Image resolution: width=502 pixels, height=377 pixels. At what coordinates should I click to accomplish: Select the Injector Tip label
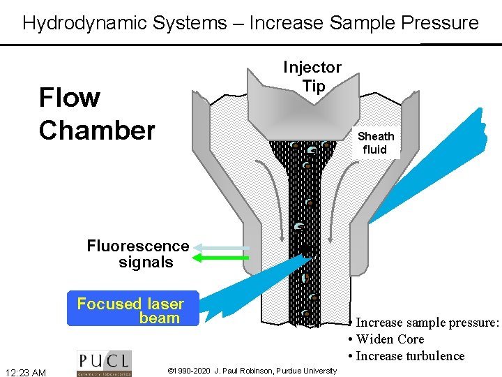(312, 76)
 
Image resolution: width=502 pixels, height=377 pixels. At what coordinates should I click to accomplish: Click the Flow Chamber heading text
(97, 114)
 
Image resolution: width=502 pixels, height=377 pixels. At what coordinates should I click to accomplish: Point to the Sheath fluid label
(376, 142)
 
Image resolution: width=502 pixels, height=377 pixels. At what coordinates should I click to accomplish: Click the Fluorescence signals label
(138, 254)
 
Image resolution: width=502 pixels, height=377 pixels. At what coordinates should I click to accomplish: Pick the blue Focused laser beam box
(132, 310)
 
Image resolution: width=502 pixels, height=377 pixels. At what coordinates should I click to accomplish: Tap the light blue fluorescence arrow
(222, 247)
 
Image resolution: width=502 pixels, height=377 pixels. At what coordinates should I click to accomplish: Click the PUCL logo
(103, 363)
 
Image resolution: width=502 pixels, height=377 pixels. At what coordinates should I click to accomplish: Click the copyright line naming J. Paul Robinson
(252, 369)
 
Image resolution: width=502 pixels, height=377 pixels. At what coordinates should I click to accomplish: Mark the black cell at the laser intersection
(305, 251)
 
